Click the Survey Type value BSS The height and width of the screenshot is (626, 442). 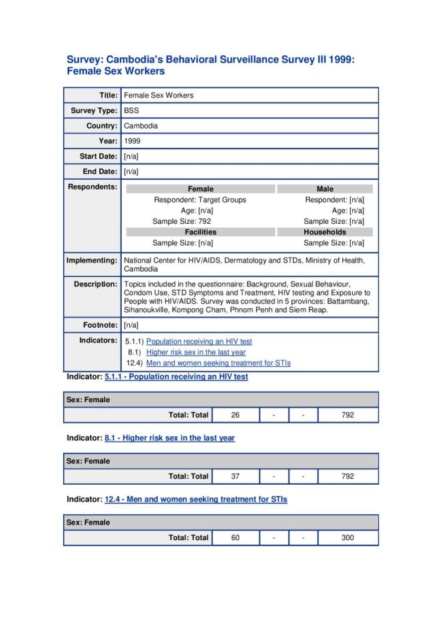[x=132, y=111]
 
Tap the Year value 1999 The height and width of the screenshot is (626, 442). [x=132, y=141]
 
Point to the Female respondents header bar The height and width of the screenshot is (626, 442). [x=200, y=189]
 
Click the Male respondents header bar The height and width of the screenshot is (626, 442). [x=325, y=189]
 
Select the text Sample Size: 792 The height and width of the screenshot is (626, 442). [x=182, y=221]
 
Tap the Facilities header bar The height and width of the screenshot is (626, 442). [x=200, y=232]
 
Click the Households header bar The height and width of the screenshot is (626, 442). [x=325, y=232]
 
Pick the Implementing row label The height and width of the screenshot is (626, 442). [x=92, y=260]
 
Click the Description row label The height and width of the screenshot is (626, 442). [x=95, y=284]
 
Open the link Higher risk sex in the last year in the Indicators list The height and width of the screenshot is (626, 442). [x=196, y=352]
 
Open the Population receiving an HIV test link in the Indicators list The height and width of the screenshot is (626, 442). [x=199, y=342]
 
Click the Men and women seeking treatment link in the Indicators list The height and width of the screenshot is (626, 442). [x=218, y=363]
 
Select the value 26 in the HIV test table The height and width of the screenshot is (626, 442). [x=235, y=415]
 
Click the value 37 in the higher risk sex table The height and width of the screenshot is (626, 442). [x=235, y=476]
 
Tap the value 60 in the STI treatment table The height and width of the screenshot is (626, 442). [x=235, y=537]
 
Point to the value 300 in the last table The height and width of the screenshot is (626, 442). [x=347, y=537]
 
